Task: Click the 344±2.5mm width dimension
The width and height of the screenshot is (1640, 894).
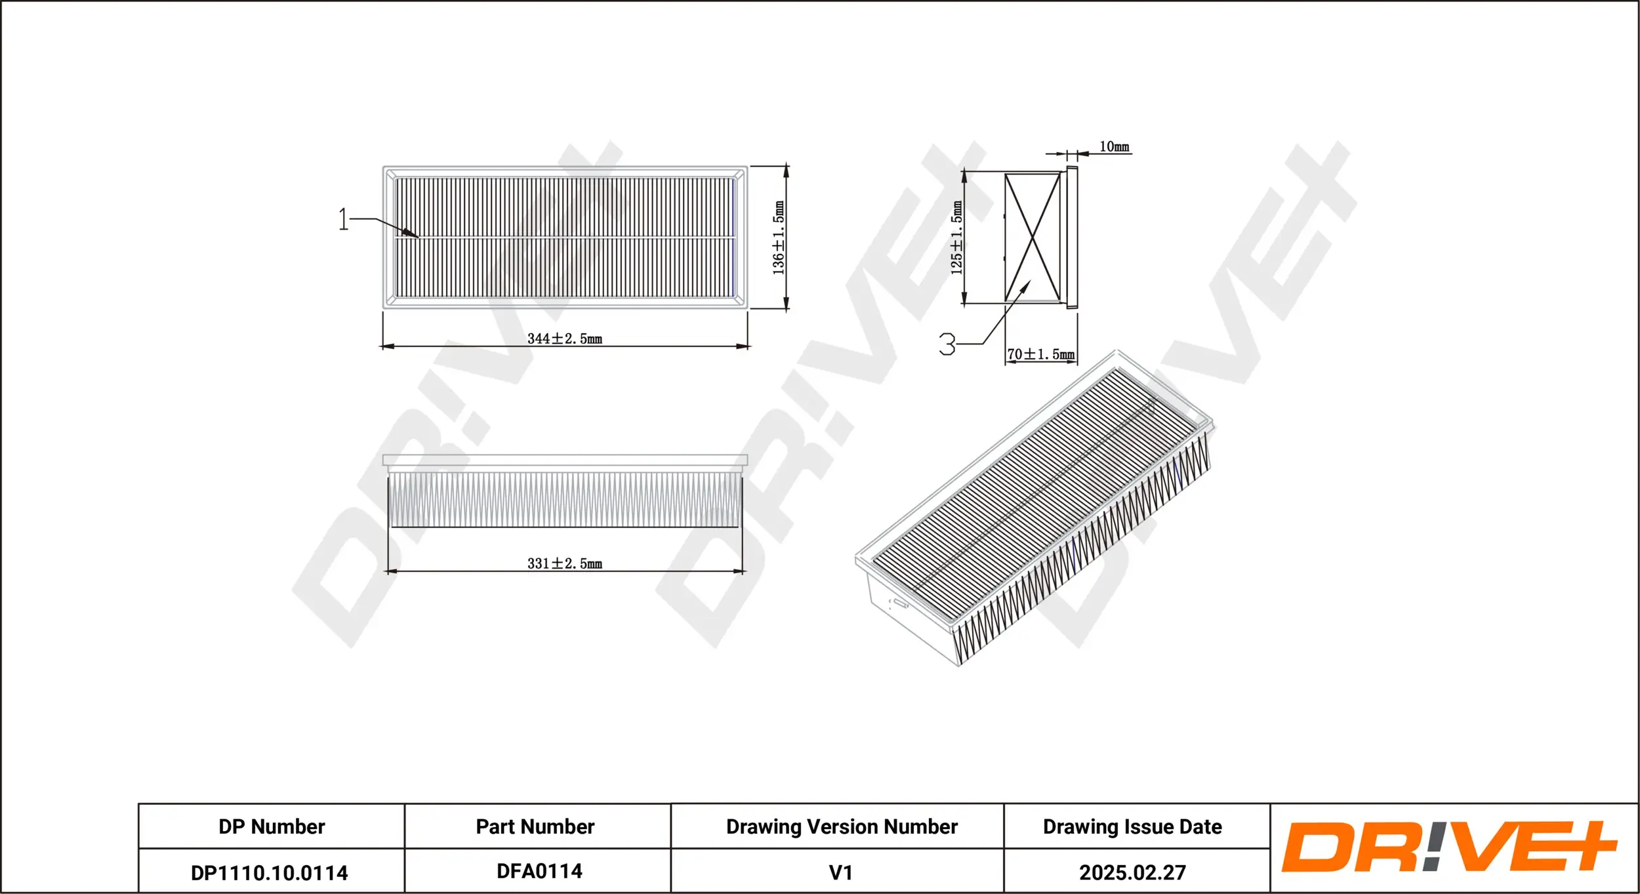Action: coord(564,339)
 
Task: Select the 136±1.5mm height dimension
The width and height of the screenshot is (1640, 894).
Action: coord(779,237)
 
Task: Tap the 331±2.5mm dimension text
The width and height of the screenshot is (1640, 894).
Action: coord(564,563)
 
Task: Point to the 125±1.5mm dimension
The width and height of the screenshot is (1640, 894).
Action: coord(957,237)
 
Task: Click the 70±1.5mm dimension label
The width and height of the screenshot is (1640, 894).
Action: coord(1040,355)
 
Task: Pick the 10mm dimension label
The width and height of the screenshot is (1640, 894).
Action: coord(1114,147)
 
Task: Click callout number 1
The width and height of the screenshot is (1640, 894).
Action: coord(343,219)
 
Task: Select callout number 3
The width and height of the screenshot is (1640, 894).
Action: coord(947,344)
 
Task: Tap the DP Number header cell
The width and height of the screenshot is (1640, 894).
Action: coord(272,826)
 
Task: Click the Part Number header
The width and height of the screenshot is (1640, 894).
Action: coord(535,826)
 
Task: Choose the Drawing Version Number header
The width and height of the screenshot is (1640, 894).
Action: coord(842,826)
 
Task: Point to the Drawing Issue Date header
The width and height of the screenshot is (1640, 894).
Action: coord(1132,826)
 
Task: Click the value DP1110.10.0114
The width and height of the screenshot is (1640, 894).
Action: coord(269,873)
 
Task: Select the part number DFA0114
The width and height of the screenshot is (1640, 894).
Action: coord(539,871)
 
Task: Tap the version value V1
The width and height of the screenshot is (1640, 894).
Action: coord(840,873)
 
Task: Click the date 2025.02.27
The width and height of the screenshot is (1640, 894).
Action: coord(1132,873)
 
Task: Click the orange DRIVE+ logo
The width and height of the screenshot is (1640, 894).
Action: coord(1449,847)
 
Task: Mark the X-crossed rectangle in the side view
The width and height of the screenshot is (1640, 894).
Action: coord(1033,237)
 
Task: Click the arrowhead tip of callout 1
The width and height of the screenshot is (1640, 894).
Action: coord(418,237)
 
